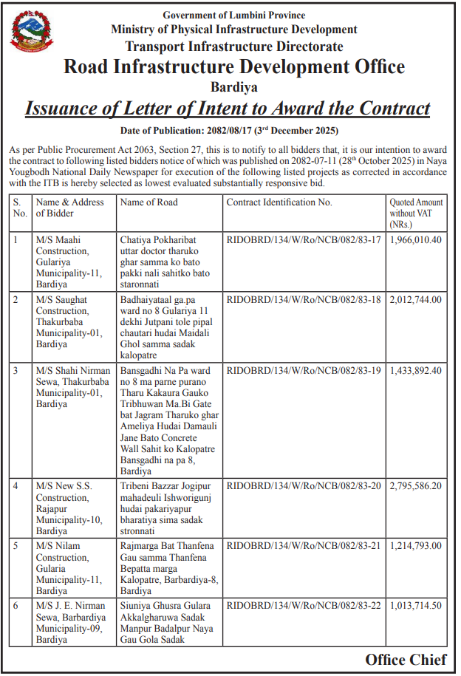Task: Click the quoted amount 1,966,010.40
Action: [415, 240]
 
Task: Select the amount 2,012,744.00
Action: [415, 299]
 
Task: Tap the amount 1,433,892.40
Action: [415, 370]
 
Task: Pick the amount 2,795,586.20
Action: [415, 486]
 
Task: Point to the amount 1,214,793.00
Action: [415, 545]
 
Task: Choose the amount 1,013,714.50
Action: [415, 605]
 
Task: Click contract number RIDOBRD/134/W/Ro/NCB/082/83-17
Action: [304, 240]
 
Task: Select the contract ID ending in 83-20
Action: [304, 486]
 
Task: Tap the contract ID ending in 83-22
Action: [304, 605]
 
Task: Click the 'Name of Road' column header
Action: [148, 202]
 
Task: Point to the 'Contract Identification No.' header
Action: [279, 202]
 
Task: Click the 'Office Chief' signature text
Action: [406, 659]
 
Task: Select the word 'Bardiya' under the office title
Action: [233, 87]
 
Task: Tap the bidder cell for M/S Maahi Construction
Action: [72, 262]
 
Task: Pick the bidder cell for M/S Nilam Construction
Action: [72, 568]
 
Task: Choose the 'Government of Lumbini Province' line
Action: [233, 15]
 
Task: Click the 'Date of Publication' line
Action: [229, 131]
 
